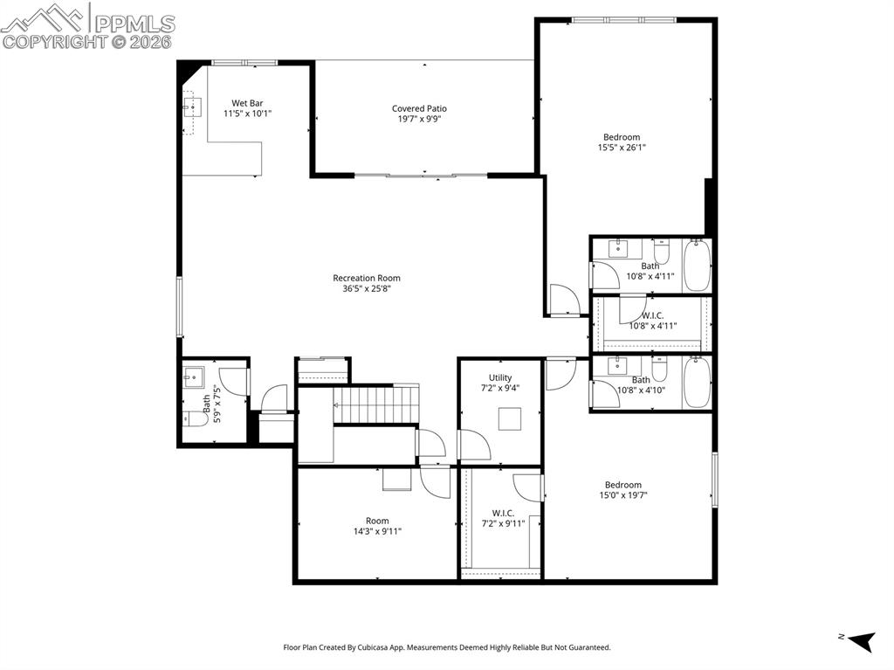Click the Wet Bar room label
click(247, 103)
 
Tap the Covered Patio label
click(419, 108)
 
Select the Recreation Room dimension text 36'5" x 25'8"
click(366, 289)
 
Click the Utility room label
click(500, 377)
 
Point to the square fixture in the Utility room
click(510, 419)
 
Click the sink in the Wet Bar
click(192, 107)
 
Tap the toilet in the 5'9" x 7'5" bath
click(196, 419)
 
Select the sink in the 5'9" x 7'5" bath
click(193, 376)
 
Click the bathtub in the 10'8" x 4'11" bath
click(697, 266)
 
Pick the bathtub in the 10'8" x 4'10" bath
click(697, 383)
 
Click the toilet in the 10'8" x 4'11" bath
click(662, 250)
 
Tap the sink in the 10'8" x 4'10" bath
click(617, 366)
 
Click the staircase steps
click(376, 404)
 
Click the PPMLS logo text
click(134, 24)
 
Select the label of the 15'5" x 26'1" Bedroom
click(622, 137)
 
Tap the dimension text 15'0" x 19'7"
click(623, 495)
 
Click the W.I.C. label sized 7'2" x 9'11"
click(503, 513)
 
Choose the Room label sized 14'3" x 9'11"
click(377, 521)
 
